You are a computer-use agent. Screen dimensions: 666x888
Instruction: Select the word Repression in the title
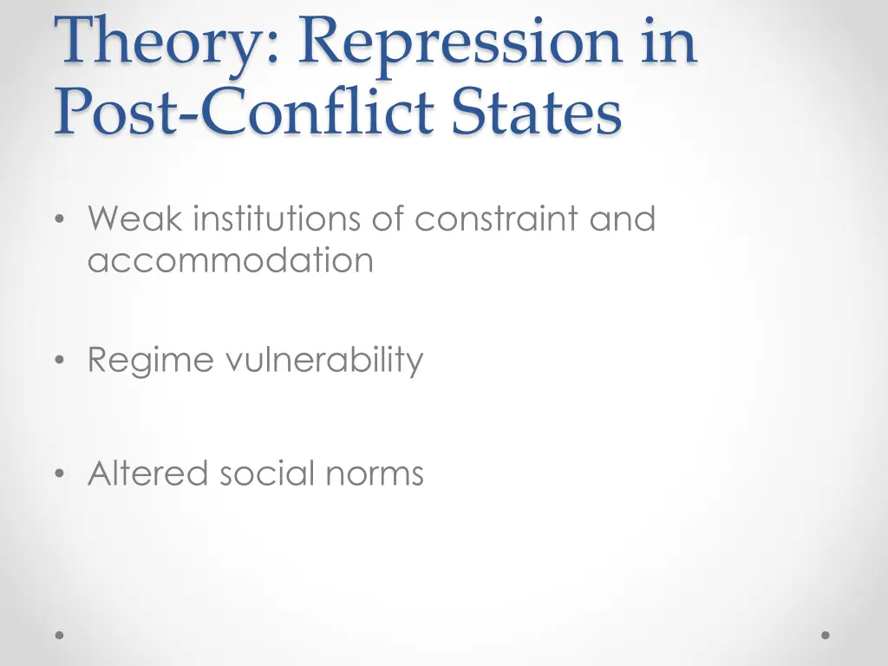pos(460,42)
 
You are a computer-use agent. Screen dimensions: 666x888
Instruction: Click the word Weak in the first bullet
pos(134,219)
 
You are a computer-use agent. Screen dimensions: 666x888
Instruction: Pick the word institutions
pos(277,219)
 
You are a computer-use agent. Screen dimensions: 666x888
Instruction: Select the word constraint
pos(497,219)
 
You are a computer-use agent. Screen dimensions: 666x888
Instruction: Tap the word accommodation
pos(231,259)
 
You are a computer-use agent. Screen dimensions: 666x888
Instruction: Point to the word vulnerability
pos(324,360)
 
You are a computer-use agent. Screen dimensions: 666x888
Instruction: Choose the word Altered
pos(147,473)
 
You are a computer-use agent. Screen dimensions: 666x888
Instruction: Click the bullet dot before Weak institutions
pos(59,220)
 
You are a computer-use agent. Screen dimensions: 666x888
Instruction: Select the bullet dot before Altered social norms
pos(59,474)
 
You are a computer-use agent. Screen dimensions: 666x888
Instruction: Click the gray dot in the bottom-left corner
pos(60,635)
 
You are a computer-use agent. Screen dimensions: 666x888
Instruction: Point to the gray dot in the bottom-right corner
pos(826,635)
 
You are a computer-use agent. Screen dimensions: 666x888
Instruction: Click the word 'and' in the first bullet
pos(623,219)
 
